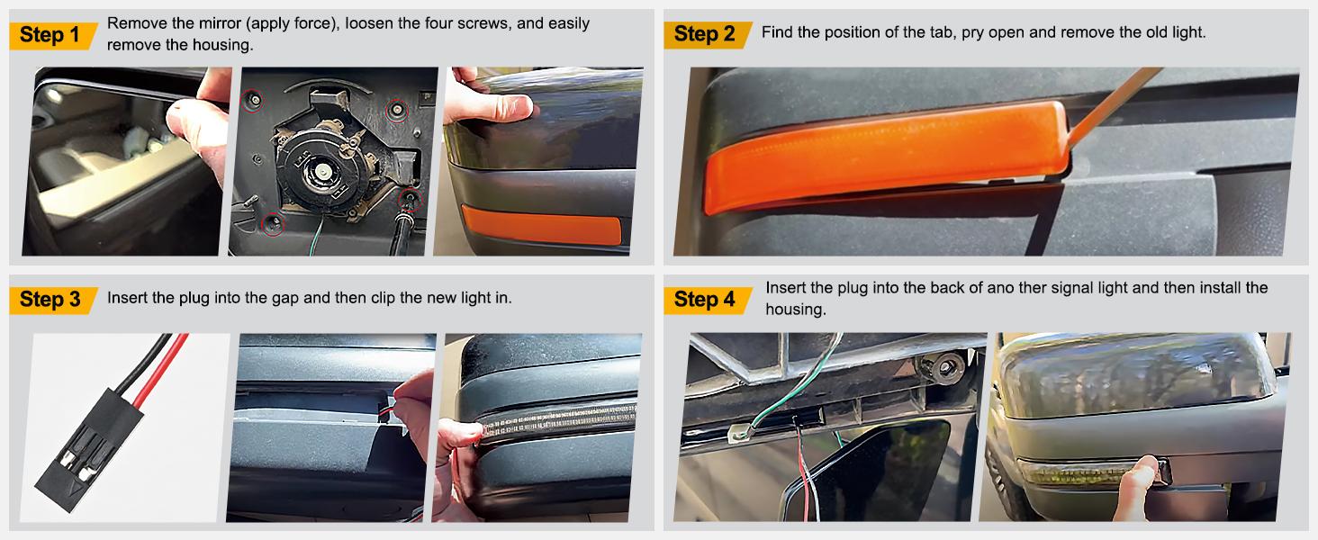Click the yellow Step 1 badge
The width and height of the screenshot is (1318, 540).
[x=53, y=35]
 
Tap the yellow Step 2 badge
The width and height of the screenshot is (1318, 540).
[x=708, y=35]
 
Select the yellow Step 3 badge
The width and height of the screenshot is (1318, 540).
[x=53, y=300]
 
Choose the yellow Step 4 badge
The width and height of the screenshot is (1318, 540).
[x=708, y=300]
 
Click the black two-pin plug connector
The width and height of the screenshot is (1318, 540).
[x=88, y=450]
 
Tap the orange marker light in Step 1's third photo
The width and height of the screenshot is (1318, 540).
[x=541, y=225]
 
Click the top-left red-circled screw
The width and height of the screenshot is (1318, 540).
[x=254, y=101]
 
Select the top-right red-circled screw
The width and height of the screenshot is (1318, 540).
[x=397, y=110]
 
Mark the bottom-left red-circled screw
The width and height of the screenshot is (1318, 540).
[x=272, y=223]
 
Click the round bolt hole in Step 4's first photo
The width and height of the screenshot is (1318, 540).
[x=944, y=367]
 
